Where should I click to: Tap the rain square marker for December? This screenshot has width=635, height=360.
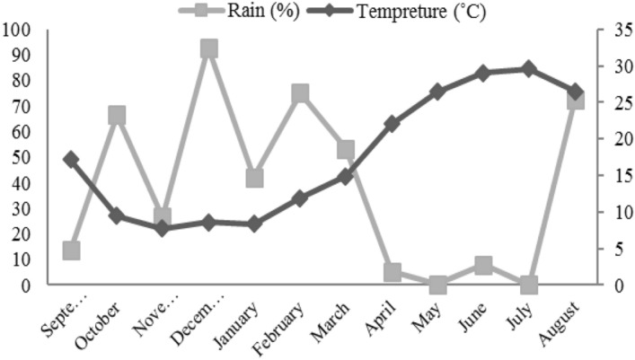pos(209,48)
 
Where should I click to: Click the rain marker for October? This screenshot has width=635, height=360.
pos(117,115)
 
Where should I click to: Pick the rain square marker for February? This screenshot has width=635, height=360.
pos(301,94)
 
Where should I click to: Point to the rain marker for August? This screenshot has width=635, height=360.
pos(576,100)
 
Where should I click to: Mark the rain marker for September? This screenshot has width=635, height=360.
pos(72,250)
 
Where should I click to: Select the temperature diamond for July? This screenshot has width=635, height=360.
pos(529,69)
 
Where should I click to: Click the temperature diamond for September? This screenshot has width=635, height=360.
pos(72,160)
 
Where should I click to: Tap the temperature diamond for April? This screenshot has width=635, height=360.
pos(392,124)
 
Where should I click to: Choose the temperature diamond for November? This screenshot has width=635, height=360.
pos(163,228)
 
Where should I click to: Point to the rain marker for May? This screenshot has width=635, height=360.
pos(438,285)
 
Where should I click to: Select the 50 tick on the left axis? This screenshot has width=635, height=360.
pos(22,158)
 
